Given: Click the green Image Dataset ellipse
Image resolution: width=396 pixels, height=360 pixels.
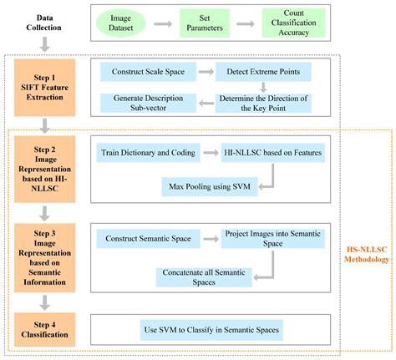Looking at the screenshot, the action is (x=120, y=23).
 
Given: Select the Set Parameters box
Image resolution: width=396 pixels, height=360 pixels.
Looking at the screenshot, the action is (x=205, y=23).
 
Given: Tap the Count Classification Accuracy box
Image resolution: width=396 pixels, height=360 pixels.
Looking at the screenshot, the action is (x=293, y=23).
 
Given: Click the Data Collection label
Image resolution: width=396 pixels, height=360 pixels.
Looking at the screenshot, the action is (x=44, y=23).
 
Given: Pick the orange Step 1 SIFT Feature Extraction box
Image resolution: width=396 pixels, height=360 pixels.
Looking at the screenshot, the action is (x=45, y=88).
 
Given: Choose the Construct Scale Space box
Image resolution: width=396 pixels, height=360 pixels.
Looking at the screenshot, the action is (x=148, y=72).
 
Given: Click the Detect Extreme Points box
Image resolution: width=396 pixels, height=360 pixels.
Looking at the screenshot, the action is (x=263, y=72).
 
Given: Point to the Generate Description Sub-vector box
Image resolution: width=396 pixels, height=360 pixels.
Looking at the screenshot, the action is (x=148, y=103).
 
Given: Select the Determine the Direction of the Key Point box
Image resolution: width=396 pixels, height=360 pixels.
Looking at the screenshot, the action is (x=263, y=103).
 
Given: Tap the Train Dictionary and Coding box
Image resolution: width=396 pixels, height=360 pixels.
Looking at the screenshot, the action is (x=148, y=153).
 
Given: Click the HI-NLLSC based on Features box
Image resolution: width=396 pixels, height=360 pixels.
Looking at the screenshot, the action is (x=273, y=153).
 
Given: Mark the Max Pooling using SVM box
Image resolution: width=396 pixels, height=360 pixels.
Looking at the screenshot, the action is (x=210, y=186).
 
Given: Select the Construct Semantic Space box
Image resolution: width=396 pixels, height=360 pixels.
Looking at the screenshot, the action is (x=148, y=239).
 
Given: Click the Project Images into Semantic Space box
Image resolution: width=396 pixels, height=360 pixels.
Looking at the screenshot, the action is (x=273, y=239).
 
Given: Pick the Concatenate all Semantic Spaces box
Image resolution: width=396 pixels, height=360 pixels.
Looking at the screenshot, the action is (x=204, y=277).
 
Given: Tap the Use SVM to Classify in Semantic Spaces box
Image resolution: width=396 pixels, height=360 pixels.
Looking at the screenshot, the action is (x=211, y=330).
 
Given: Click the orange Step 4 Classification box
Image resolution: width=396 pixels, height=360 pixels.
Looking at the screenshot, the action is (x=45, y=330).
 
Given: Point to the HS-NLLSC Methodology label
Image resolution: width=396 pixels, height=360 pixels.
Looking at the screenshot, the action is (x=367, y=254).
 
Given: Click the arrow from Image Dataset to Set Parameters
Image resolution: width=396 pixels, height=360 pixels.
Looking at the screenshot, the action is (x=163, y=24).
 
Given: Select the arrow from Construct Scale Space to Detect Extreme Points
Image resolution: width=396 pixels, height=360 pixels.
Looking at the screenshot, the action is (x=206, y=72).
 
